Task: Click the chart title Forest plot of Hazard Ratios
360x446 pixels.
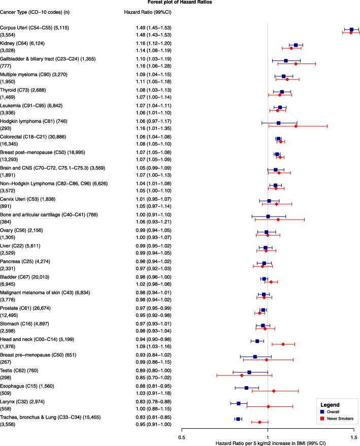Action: [180, 3]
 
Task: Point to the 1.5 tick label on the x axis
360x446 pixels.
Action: [353, 436]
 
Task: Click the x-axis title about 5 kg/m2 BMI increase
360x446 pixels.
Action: [267, 443]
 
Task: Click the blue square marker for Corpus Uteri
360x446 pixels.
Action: [351, 30]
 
